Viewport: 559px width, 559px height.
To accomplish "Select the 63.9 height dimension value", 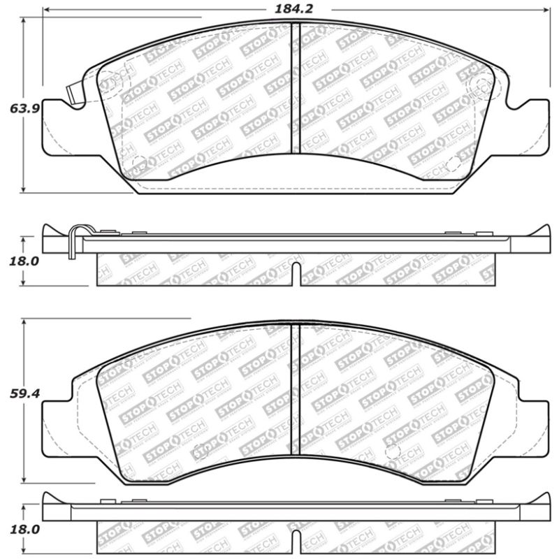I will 23,108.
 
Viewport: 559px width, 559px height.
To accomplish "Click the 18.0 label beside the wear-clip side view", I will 23,261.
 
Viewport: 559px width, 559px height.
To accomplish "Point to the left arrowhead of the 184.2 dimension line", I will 46,10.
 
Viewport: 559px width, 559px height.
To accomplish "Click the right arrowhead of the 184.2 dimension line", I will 547,10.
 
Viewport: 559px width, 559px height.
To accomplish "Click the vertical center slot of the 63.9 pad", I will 295,87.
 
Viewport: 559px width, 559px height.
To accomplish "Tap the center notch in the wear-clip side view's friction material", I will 296,273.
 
